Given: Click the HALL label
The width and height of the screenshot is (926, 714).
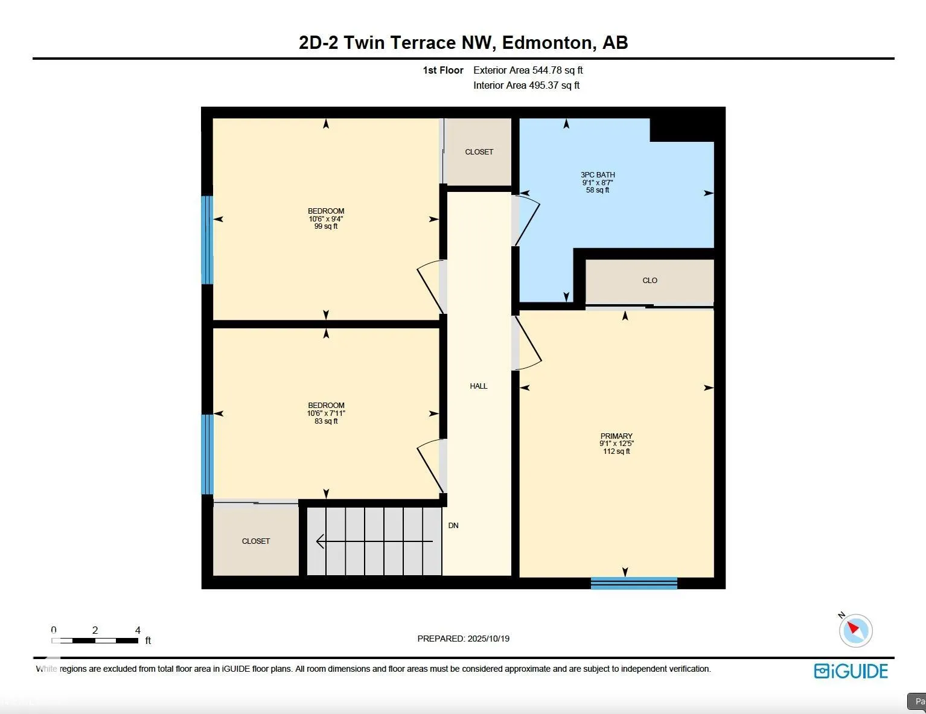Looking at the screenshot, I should tap(478, 386).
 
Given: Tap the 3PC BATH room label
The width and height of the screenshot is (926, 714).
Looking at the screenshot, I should tap(598, 175).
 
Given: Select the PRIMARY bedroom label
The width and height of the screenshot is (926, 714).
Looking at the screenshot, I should tap(616, 436).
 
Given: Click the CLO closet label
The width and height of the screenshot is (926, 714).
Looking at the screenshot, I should tap(650, 281).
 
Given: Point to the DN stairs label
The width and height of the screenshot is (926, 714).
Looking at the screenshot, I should tap(453, 526).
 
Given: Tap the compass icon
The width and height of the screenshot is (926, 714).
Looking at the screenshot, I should tap(855, 631).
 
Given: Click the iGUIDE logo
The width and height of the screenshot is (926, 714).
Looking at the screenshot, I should tap(851, 671).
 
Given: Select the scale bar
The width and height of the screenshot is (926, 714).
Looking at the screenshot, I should tap(95, 640).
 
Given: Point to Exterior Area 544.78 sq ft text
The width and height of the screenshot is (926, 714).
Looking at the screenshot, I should tap(528, 70).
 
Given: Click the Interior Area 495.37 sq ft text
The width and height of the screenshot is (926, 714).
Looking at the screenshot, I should tap(526, 85).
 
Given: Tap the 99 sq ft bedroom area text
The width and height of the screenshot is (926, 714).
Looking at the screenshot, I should tap(326, 227).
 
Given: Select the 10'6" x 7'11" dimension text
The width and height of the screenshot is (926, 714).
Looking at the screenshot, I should tap(326, 413).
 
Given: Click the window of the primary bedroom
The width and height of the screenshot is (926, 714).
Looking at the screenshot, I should tap(634, 583).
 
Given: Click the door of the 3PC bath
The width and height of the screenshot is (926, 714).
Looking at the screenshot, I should tap(525, 221).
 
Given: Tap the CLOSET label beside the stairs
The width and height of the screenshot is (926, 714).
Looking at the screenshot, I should tap(255, 541).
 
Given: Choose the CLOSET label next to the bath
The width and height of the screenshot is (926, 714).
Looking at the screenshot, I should tap(479, 152).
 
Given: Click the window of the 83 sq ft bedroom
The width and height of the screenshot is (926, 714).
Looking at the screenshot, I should tap(207, 454).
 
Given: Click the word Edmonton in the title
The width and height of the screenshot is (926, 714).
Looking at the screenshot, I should tap(547, 43).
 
